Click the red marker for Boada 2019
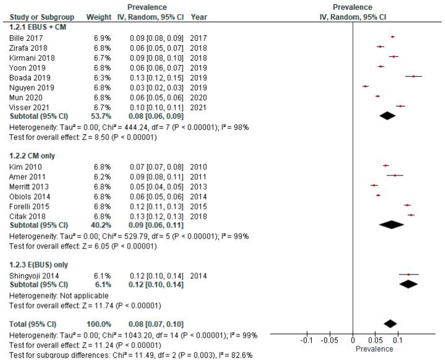pyautogui.click(x=413, y=76)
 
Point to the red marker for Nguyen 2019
pyautogui.click(x=365, y=86)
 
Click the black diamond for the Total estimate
pyautogui.click(x=390, y=323)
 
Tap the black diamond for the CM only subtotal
pyautogui.click(x=391, y=224)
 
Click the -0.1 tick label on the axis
pyautogui.click(x=306, y=341)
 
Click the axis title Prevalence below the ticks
pyautogui.click(x=374, y=349)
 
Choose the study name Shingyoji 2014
pyautogui.click(x=32, y=276)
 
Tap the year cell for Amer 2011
pyautogui.click(x=200, y=177)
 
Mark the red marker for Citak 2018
pyautogui.click(x=411, y=214)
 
